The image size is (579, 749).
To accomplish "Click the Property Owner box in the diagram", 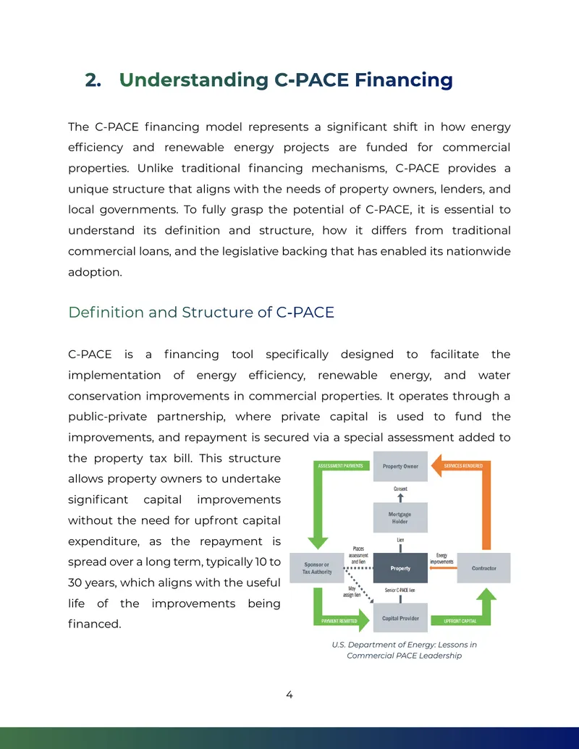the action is pos(400,466).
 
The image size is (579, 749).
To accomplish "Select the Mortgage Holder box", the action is pos(400,518).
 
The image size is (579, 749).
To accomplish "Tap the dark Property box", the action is pos(400,568).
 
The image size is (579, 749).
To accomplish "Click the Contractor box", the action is pos(483,568).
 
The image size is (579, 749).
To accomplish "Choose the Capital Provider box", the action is pos(400,618).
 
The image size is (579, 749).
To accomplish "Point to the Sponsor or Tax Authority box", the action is pos(317,568).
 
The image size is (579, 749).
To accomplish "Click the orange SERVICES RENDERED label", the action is pos(463,466).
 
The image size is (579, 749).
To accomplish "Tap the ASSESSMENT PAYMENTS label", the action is pos(341,466).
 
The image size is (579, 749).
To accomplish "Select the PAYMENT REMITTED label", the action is pos(339,621).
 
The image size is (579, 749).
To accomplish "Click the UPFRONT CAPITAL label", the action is pos(460,621).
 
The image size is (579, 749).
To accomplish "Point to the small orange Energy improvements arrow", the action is pos(444,568).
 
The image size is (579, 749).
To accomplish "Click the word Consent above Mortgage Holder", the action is pos(400,488).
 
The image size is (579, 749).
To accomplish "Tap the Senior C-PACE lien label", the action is pos(400,590).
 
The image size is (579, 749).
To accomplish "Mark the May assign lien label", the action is pos(352,592).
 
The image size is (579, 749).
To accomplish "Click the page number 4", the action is pos(289,695).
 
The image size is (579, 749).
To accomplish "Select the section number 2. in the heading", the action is pos(93,80).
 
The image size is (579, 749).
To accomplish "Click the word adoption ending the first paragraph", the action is pos(95,272).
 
